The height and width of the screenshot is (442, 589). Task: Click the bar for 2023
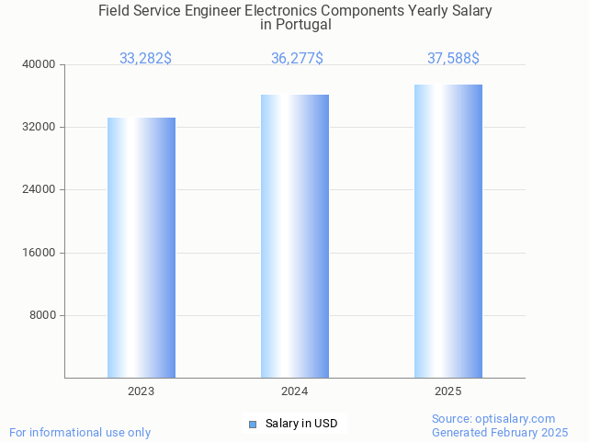(142, 247)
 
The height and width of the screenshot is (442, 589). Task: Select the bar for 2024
(295, 236)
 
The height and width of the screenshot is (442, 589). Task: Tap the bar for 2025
(448, 231)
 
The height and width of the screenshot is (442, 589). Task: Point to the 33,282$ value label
(145, 59)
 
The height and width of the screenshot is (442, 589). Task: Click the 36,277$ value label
(297, 59)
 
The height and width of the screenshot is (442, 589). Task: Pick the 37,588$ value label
(453, 59)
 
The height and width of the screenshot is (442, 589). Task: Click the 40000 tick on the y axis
(40, 64)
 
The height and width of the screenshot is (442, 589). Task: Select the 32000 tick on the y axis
(40, 127)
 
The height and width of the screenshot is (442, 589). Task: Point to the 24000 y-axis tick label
(40, 189)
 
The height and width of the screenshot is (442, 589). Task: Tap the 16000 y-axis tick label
(40, 253)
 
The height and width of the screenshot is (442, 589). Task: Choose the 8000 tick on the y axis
(43, 315)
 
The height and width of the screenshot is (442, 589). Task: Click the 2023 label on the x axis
(142, 391)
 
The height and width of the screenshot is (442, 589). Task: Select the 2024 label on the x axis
(295, 391)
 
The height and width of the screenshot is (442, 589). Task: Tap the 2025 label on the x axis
(448, 391)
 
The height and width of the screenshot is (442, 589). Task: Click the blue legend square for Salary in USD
(253, 424)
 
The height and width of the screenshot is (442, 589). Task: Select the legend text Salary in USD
(301, 424)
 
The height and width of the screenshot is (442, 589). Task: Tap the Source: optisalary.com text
(493, 418)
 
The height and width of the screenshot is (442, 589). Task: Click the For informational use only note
(80, 432)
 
